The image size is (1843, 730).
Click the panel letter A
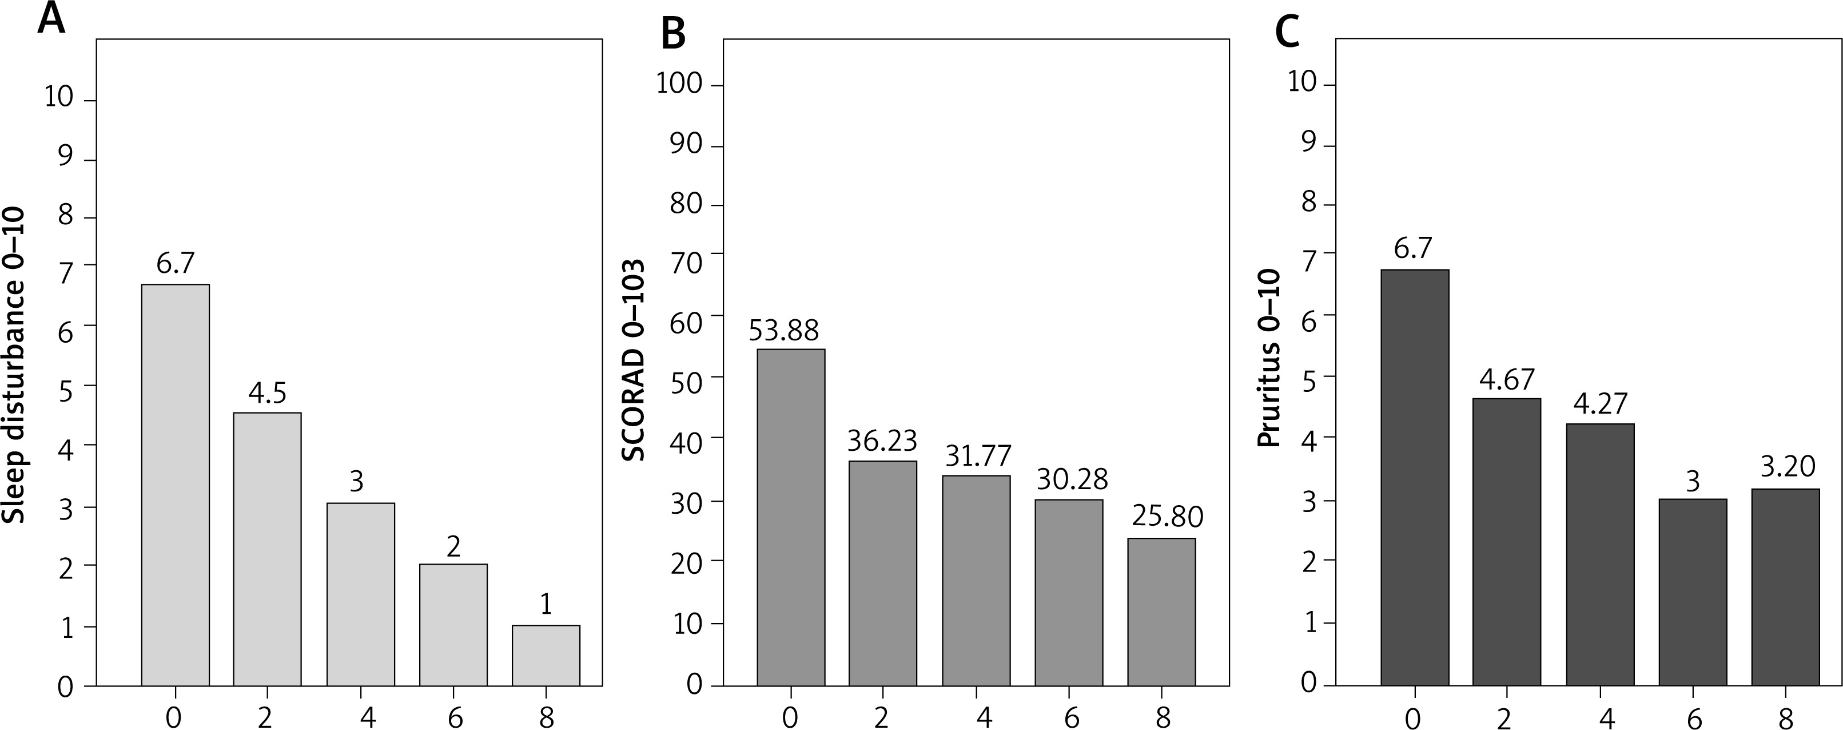tap(51, 19)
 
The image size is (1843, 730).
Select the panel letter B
tap(673, 34)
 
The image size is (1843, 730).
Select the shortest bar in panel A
tap(546, 655)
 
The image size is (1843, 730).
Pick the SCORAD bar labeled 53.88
tap(791, 517)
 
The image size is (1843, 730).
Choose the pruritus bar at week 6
tap(1692, 592)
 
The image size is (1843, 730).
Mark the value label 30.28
tap(1072, 479)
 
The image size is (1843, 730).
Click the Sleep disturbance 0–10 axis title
tap(14, 365)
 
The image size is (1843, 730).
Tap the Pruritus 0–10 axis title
tap(1268, 358)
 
